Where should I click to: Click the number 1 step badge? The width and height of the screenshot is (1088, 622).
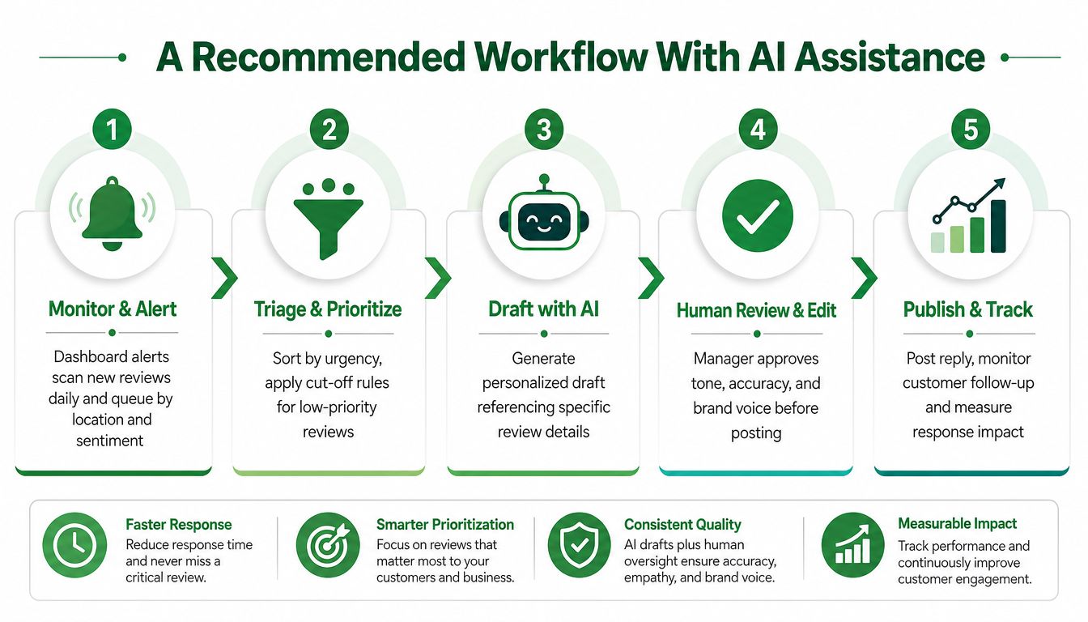click(x=113, y=130)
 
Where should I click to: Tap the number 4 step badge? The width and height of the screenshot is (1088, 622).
click(x=759, y=130)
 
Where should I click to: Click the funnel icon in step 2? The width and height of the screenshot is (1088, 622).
click(x=329, y=219)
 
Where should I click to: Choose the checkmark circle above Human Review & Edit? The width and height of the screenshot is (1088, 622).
click(x=758, y=215)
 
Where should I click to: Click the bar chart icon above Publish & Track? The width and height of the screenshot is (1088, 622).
click(x=969, y=215)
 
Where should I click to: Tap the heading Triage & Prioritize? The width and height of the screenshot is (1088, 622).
click(x=328, y=309)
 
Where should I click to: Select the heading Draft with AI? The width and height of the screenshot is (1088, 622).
click(x=543, y=309)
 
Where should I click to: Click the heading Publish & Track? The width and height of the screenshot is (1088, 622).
click(x=968, y=309)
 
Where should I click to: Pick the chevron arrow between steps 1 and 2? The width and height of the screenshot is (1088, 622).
click(x=224, y=278)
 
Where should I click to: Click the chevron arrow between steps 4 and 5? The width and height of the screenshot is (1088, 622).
click(x=864, y=278)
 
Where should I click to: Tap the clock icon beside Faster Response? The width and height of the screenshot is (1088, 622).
click(x=74, y=545)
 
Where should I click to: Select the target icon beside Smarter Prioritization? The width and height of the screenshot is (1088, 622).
click(x=328, y=545)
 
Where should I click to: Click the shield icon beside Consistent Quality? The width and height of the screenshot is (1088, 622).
click(x=579, y=545)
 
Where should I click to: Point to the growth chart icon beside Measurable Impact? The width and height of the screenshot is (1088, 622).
click(x=853, y=545)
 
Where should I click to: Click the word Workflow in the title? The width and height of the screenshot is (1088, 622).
click(x=561, y=57)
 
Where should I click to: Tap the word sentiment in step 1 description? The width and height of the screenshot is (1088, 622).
click(x=110, y=441)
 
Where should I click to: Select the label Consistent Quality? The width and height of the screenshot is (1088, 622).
click(x=682, y=525)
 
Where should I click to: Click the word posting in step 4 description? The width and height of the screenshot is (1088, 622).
click(x=756, y=433)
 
